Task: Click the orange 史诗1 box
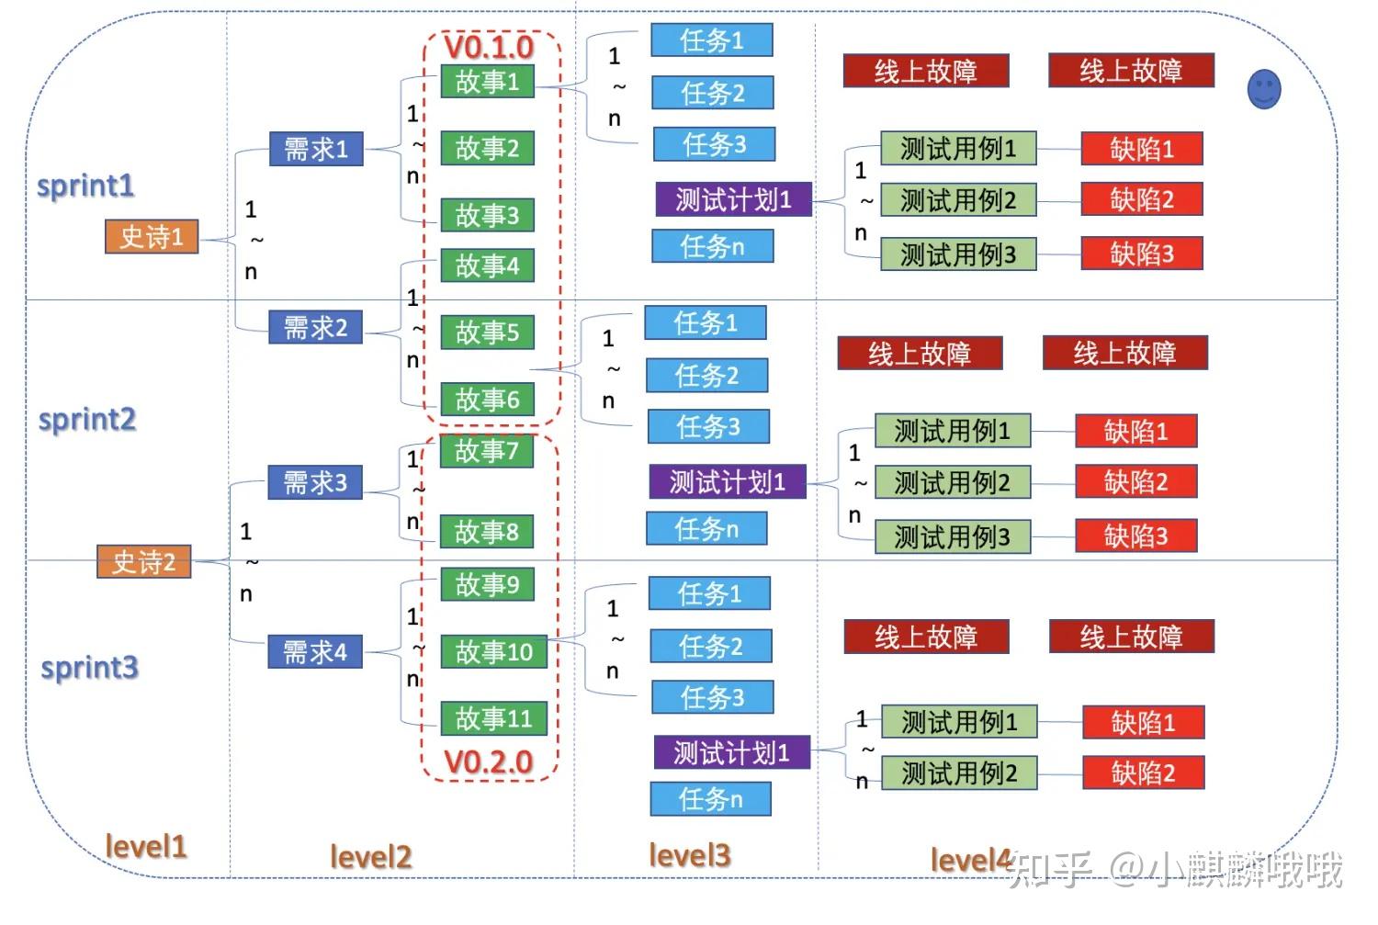pyautogui.click(x=152, y=237)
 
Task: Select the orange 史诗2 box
pyautogui.click(x=144, y=561)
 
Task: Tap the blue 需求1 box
pyautogui.click(x=316, y=149)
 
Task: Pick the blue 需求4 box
pyautogui.click(x=315, y=651)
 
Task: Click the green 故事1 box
pyautogui.click(x=487, y=81)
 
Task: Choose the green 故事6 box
pyautogui.click(x=487, y=400)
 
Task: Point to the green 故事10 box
pyautogui.click(x=494, y=651)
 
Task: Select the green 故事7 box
pyautogui.click(x=487, y=451)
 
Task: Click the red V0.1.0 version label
pyautogui.click(x=489, y=48)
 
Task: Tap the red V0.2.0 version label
pyautogui.click(x=489, y=762)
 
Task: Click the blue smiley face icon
pyautogui.click(x=1264, y=89)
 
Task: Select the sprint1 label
pyautogui.click(x=85, y=186)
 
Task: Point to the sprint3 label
pyautogui.click(x=90, y=668)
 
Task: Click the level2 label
pyautogui.click(x=371, y=856)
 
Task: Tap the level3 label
pyautogui.click(x=690, y=855)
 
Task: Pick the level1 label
pyautogui.click(x=146, y=846)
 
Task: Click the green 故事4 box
pyautogui.click(x=487, y=265)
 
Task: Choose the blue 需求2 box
pyautogui.click(x=316, y=327)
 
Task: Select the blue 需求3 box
pyautogui.click(x=315, y=482)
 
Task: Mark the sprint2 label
pyautogui.click(x=87, y=420)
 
